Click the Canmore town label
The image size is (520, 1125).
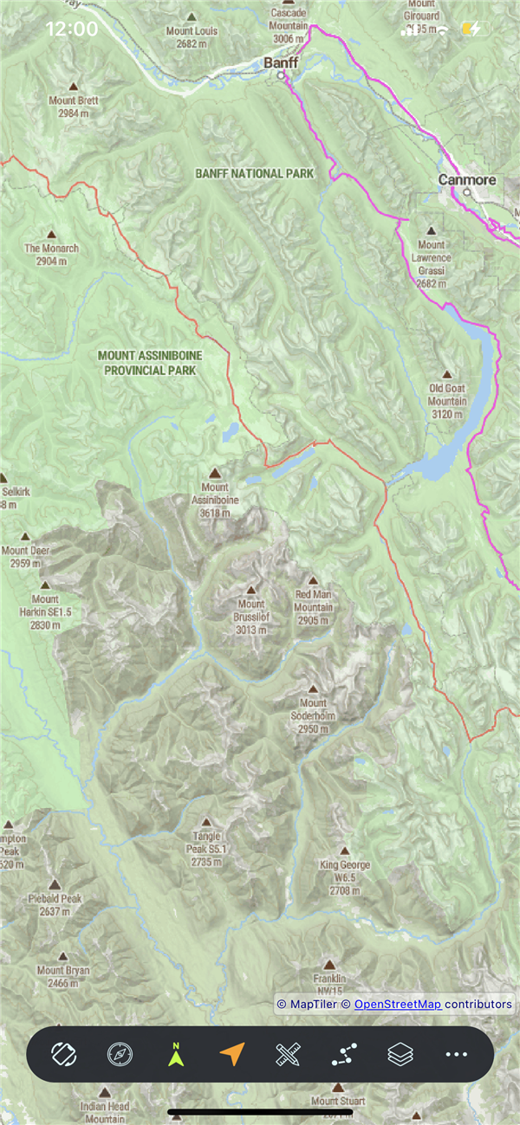pyautogui.click(x=467, y=180)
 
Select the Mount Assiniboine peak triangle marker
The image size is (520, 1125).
pyautogui.click(x=215, y=474)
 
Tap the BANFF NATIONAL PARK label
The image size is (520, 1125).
pyautogui.click(x=254, y=174)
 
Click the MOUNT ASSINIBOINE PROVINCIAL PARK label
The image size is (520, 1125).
pyautogui.click(x=146, y=363)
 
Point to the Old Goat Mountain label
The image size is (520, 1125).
pyautogui.click(x=447, y=395)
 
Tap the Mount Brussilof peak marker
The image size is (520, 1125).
pyautogui.click(x=251, y=589)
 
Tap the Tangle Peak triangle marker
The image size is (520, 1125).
pyautogui.click(x=206, y=823)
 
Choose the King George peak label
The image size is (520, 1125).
pyautogui.click(x=344, y=871)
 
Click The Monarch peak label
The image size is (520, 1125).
pyautogui.click(x=51, y=254)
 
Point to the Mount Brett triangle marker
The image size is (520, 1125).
pyautogui.click(x=73, y=87)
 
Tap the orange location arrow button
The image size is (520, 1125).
pyautogui.click(x=231, y=1054)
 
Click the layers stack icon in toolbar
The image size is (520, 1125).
pyautogui.click(x=400, y=1054)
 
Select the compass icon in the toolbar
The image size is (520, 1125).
pyautogui.click(x=120, y=1054)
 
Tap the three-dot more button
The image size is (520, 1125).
pyautogui.click(x=456, y=1054)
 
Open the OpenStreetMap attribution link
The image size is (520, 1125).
pyautogui.click(x=398, y=1004)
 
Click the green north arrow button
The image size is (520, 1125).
pyautogui.click(x=176, y=1054)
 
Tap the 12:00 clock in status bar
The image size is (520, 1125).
pyautogui.click(x=71, y=29)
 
